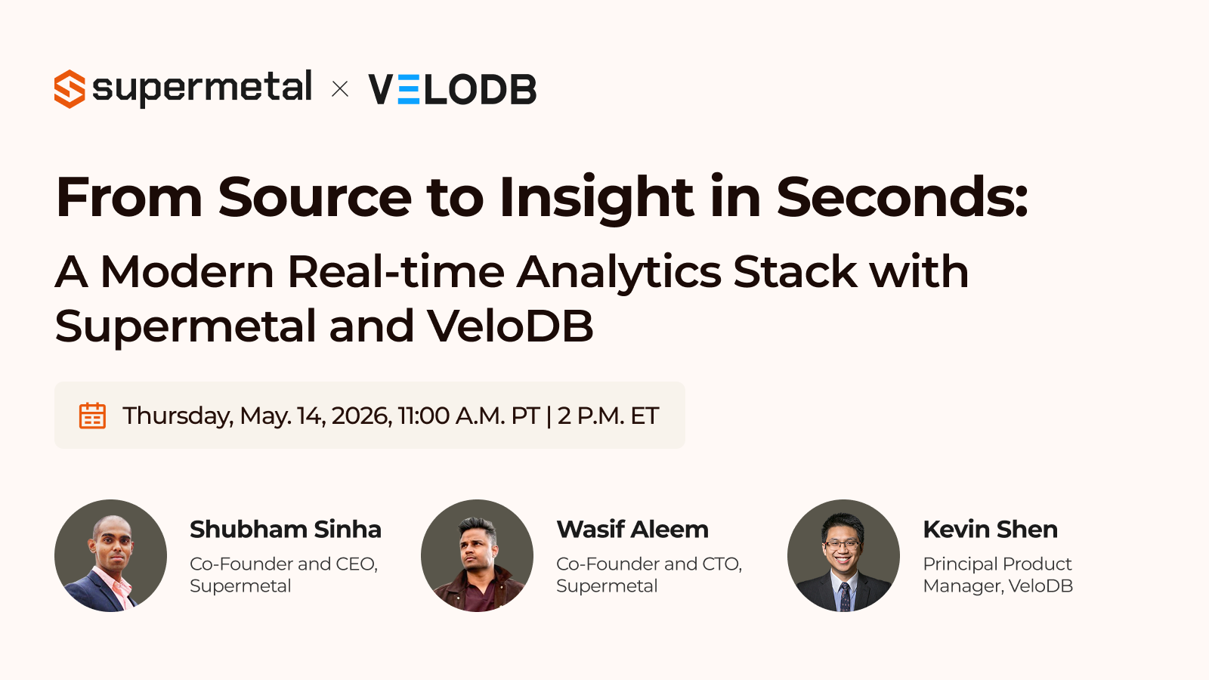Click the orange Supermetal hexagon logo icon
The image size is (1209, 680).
click(x=70, y=89)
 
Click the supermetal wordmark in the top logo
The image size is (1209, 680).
click(x=203, y=88)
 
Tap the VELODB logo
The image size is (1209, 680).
click(x=453, y=89)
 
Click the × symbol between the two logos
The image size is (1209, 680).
click(x=340, y=89)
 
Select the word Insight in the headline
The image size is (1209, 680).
click(x=596, y=199)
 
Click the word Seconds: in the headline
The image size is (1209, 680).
click(x=902, y=197)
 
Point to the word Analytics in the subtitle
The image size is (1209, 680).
click(x=619, y=273)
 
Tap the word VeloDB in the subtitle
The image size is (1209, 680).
click(x=510, y=326)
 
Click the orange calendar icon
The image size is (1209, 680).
click(x=92, y=416)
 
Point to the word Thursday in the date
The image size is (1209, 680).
click(x=178, y=416)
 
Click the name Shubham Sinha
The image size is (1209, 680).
click(x=286, y=530)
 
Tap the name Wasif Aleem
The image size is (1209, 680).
click(x=632, y=530)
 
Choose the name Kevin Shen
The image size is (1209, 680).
click(x=991, y=530)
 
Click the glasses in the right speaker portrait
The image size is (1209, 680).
click(x=843, y=545)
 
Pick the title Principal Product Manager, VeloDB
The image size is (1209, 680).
click(x=998, y=575)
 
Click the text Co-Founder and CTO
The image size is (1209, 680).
click(x=649, y=564)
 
